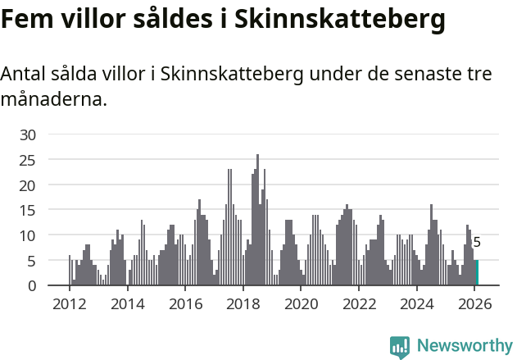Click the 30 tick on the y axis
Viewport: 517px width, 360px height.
(x=28, y=134)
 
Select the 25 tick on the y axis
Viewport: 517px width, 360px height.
(x=28, y=160)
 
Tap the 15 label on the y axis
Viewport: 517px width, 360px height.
(x=28, y=210)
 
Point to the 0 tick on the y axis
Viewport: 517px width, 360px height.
(x=32, y=285)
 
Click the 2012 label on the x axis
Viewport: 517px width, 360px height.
(x=69, y=303)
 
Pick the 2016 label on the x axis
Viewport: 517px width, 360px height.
(x=185, y=303)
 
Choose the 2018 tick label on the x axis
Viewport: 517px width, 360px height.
(x=243, y=303)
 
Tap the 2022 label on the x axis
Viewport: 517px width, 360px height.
(x=359, y=303)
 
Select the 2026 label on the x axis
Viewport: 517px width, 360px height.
(x=475, y=303)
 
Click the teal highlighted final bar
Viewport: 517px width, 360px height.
(x=477, y=273)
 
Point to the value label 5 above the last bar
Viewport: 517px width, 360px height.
(x=477, y=243)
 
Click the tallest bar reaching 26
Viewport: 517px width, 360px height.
(x=257, y=221)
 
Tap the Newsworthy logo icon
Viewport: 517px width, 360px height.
(x=400, y=346)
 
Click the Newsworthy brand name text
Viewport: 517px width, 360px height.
(x=464, y=346)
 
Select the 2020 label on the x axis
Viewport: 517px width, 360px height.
(x=302, y=303)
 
